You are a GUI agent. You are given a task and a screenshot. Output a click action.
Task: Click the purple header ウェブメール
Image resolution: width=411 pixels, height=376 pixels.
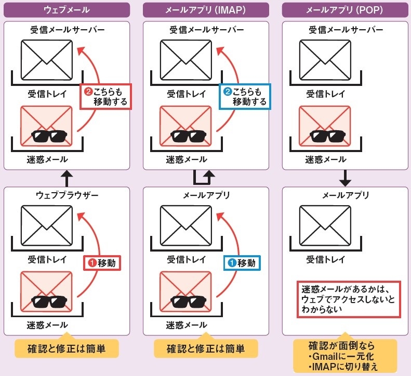pos(67,10)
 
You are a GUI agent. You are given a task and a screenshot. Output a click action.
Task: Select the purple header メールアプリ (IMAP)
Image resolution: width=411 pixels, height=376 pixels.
pos(206,10)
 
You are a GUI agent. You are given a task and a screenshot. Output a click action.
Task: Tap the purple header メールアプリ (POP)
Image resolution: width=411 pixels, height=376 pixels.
pos(345,10)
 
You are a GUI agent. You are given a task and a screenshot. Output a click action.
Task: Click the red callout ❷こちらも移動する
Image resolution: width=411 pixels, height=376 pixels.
pos(105,96)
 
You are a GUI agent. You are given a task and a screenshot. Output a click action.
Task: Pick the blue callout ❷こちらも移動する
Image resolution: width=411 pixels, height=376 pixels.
pos(245,96)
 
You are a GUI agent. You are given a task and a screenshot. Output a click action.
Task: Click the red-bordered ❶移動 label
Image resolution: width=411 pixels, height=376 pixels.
pos(102,263)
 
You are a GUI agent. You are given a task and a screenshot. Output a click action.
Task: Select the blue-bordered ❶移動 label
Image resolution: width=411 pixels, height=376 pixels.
pos(242,263)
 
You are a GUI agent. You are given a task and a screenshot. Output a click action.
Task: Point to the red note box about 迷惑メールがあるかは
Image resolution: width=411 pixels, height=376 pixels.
pos(349,299)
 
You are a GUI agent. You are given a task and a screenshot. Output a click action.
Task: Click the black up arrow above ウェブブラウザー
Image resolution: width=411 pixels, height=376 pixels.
pos(67,178)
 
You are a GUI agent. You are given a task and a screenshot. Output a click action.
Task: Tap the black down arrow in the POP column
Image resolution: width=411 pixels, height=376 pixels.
pos(345,178)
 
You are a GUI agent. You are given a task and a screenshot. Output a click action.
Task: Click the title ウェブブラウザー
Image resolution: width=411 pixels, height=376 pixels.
pos(67,195)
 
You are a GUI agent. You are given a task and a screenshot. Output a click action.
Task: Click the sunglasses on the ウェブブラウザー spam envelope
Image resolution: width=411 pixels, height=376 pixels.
pos(49,302)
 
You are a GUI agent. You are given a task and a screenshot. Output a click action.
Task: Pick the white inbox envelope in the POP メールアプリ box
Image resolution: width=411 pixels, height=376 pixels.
pos(325,225)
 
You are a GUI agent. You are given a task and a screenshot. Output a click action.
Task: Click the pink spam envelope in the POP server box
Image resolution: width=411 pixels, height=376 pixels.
pos(325,126)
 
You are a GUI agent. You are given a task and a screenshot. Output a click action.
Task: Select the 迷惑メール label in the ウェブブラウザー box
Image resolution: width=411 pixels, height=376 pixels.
pos(47,325)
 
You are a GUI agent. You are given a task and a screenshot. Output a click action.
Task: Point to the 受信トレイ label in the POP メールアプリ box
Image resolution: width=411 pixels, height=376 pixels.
pos(326,259)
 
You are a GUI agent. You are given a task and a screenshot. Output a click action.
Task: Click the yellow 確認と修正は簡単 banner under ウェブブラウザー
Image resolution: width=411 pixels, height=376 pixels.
pos(67,349)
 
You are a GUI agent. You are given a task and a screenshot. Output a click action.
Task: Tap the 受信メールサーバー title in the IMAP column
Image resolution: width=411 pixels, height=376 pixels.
pos(207,30)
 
